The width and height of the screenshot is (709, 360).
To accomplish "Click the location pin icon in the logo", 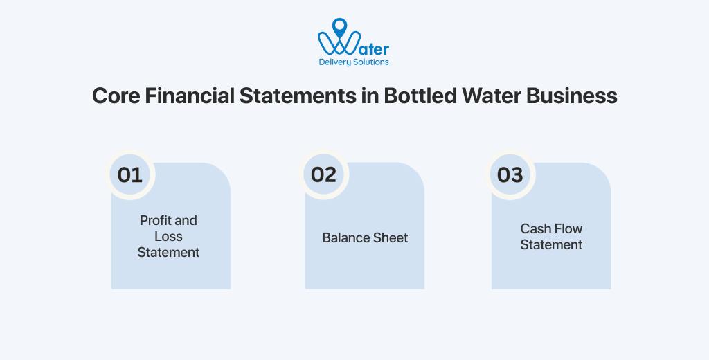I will [339, 27].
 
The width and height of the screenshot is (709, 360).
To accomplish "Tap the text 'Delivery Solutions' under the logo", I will [354, 62].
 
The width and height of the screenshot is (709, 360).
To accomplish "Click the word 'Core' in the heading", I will [116, 96].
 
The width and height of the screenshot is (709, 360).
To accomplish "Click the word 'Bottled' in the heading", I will [418, 96].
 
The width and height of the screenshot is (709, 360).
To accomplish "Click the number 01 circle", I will [130, 174].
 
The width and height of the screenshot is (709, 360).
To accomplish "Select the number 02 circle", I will [323, 174].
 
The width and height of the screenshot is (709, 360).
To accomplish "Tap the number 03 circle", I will [510, 174].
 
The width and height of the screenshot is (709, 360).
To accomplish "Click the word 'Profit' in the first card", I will [154, 221].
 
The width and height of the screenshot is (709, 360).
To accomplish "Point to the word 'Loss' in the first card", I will [168, 237].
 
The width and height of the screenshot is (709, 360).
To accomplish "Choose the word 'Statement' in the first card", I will [168, 253].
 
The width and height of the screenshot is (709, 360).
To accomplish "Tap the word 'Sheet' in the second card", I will [391, 238].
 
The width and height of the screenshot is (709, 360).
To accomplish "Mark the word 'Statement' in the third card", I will [551, 245].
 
